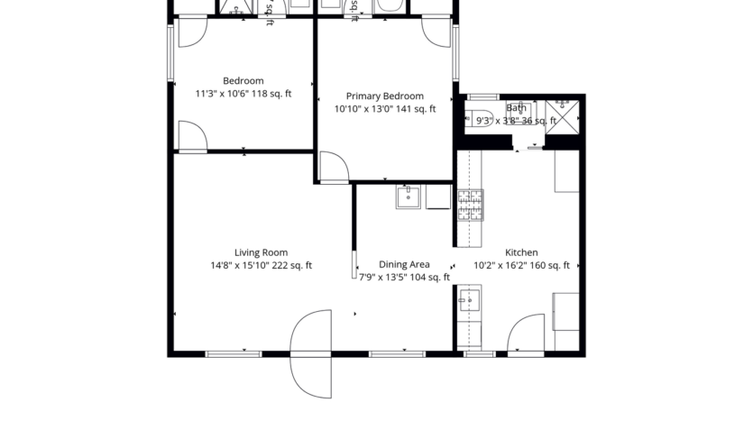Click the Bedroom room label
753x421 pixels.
[x=243, y=81]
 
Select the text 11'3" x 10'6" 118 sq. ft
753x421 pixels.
[x=243, y=94]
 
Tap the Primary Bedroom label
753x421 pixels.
[x=385, y=96]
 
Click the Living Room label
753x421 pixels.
[x=262, y=253]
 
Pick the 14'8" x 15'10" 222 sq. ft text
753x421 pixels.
[x=262, y=266]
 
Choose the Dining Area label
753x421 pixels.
[x=404, y=265]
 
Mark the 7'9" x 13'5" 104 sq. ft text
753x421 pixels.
[x=404, y=278]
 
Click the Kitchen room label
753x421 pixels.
[x=521, y=253]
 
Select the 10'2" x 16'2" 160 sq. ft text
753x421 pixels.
[x=521, y=266]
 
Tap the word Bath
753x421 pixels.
[x=517, y=108]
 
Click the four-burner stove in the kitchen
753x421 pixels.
[x=470, y=206]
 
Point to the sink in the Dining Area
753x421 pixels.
[x=408, y=197]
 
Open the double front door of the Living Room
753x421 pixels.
[x=312, y=353]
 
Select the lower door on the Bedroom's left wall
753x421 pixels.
[x=192, y=137]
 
